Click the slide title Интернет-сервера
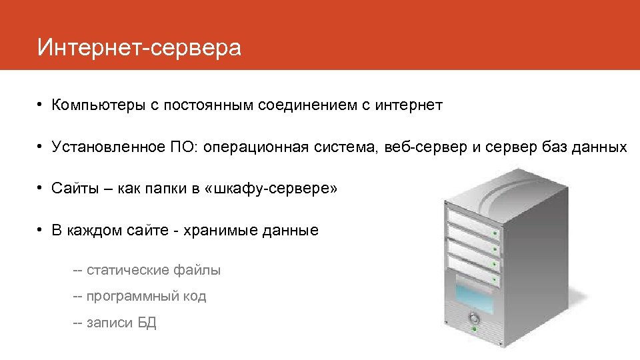139,47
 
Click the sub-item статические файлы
153,270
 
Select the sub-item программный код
146,296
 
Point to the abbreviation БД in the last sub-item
147,323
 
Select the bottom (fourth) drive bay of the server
473,268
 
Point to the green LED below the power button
474,330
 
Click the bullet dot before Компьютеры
41,105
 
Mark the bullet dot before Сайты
41,189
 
